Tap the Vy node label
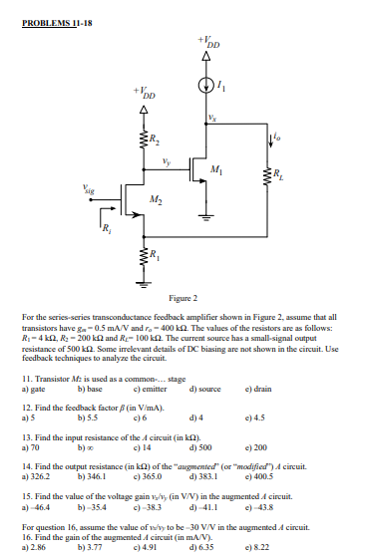click(x=166, y=155)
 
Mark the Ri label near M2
click(x=107, y=233)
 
